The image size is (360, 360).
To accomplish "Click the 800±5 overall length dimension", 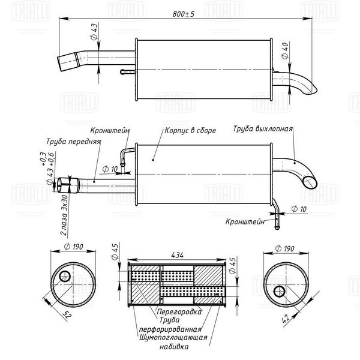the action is point(183,14).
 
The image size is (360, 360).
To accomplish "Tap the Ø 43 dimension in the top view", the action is point(94,32).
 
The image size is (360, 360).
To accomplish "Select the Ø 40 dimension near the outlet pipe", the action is point(285,51).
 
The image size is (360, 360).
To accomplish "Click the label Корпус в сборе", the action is point(190,131).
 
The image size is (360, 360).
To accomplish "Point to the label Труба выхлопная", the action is point(263,128).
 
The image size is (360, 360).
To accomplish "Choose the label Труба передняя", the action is point(73,142).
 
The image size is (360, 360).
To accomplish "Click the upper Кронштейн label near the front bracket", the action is point(110,131).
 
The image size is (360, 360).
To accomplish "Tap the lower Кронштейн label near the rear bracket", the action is point(245,221).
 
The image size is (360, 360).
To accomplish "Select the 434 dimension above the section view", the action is point(177,256).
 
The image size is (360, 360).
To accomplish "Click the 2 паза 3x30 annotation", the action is point(64,215).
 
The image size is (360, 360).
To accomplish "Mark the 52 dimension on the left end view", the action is point(67,314).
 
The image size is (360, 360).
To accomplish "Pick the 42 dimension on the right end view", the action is point(286,319).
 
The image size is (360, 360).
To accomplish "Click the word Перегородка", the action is point(179,311).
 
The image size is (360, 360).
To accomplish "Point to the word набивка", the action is point(174,346).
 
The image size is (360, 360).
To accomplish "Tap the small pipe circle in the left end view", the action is point(65,276).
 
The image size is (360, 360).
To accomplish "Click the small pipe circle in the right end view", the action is point(279,292).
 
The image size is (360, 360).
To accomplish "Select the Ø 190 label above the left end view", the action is point(73,247).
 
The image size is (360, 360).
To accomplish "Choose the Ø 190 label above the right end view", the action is point(284,248).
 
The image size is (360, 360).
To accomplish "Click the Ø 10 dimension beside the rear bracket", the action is point(299,209).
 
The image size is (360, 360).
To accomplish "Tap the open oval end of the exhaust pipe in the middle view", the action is point(310,182).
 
